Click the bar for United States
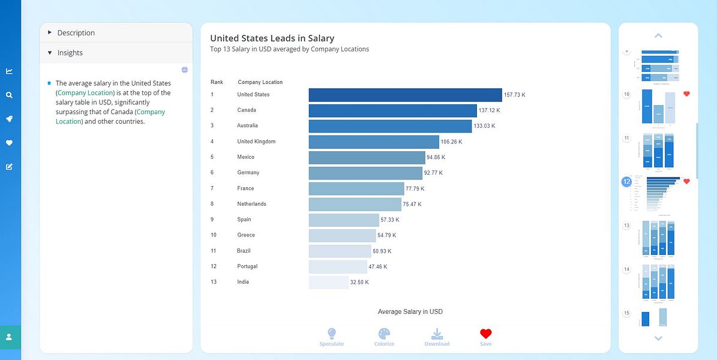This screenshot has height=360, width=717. [x=405, y=95]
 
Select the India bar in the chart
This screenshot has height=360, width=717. [x=328, y=282]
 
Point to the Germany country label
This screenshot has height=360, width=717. [x=248, y=173]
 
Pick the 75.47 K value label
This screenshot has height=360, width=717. [x=412, y=204]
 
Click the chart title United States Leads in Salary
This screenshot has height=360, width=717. [x=272, y=38]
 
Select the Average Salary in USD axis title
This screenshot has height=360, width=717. [x=410, y=311]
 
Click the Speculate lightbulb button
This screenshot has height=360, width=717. [x=331, y=337]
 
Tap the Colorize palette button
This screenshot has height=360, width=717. [x=384, y=337]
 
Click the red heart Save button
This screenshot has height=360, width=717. [x=485, y=337]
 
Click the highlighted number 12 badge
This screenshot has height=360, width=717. [x=626, y=181]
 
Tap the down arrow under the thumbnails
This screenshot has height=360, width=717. [x=658, y=338]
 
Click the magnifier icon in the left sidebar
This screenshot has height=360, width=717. [x=9, y=95]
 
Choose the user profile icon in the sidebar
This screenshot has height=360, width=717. [x=9, y=337]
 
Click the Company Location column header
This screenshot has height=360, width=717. [x=260, y=82]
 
